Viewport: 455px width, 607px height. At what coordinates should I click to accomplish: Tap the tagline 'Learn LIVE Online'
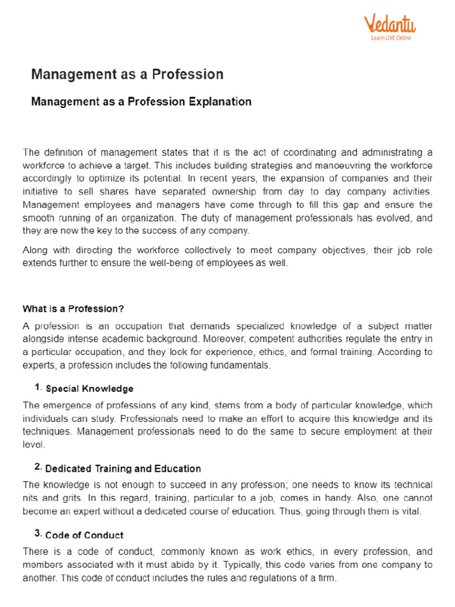[x=390, y=38]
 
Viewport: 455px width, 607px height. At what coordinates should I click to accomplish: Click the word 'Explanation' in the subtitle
[x=220, y=101]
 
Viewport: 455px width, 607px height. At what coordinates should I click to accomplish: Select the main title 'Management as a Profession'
[x=127, y=74]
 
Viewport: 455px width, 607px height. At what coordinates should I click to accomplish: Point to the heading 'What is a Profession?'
[x=73, y=309]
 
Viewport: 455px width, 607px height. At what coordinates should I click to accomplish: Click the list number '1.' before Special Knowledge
[x=39, y=388]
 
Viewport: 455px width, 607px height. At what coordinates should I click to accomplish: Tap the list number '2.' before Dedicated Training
[x=39, y=467]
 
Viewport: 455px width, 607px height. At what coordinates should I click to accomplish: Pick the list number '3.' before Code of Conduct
[x=39, y=534]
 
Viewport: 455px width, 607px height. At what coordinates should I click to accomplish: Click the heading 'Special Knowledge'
[x=89, y=389]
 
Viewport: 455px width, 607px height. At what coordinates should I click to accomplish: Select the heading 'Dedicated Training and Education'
[x=123, y=468]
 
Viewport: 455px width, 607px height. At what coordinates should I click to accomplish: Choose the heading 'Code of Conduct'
[x=85, y=535]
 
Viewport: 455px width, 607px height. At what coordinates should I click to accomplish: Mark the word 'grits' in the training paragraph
[x=69, y=498]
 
